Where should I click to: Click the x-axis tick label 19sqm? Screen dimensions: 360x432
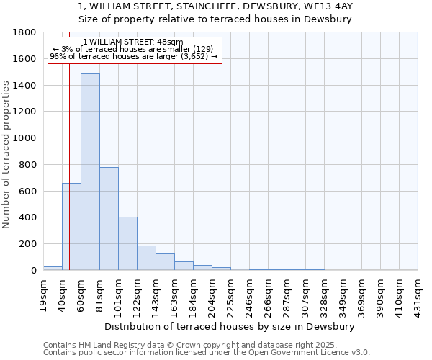coord(44,294)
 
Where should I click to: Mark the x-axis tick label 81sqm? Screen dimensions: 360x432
coord(100,294)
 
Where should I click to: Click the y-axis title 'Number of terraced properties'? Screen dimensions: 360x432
coord(6,155)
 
